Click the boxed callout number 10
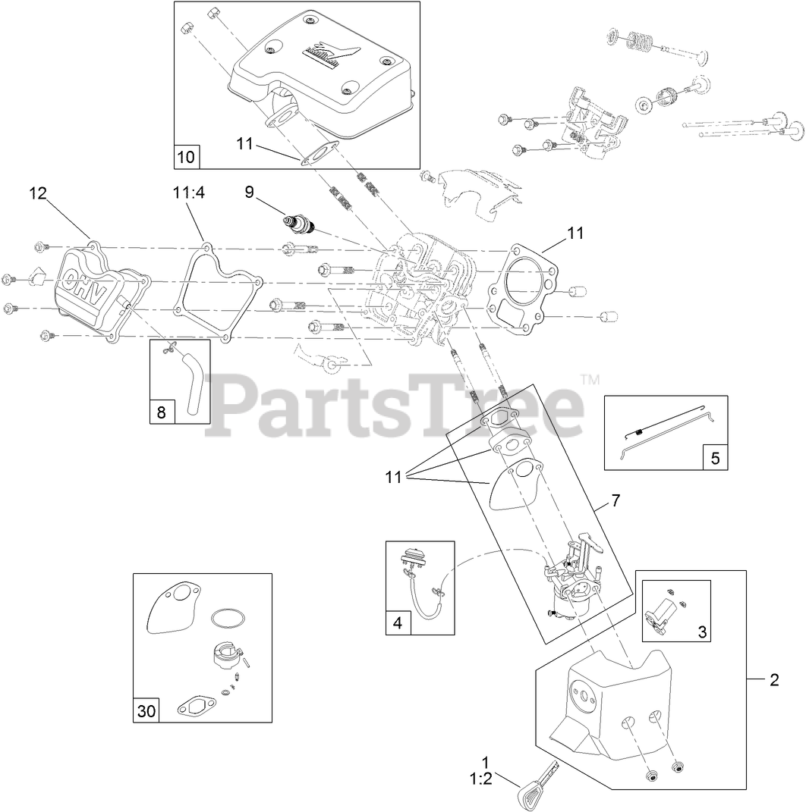coord(186,157)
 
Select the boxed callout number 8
coord(161,412)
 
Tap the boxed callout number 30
coord(146,711)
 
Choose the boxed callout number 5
coord(715,457)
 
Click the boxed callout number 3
coord(702,631)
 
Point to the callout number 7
coord(616,500)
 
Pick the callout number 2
coord(774,680)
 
